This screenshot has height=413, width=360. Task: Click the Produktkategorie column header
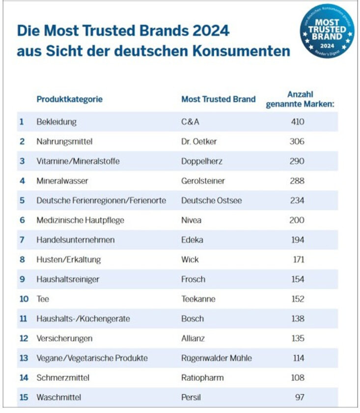69,99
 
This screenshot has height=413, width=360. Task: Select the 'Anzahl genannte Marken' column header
300,99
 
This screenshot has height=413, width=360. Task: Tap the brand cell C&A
190,121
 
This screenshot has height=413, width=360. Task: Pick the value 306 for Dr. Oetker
297,141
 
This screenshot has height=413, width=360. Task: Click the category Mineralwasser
62,180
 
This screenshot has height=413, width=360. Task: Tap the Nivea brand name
191,220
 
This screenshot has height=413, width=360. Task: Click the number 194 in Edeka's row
297,239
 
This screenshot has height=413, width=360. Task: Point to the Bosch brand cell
193,318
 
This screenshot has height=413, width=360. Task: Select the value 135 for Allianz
297,338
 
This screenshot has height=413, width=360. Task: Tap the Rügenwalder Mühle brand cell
217,357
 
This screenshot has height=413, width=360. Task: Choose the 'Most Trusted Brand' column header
219,99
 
